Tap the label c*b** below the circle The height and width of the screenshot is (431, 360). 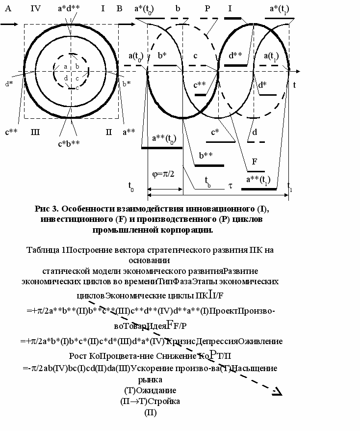(x=69, y=143)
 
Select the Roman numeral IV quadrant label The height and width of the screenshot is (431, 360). (x=35, y=8)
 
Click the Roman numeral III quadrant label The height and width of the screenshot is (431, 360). (x=35, y=132)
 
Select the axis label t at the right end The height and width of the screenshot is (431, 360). (x=294, y=85)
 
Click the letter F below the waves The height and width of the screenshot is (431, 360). (x=255, y=162)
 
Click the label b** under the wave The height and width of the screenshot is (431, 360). (x=206, y=156)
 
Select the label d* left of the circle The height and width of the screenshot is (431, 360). (x=9, y=84)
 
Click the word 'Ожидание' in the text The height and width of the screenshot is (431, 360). (x=156, y=390)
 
